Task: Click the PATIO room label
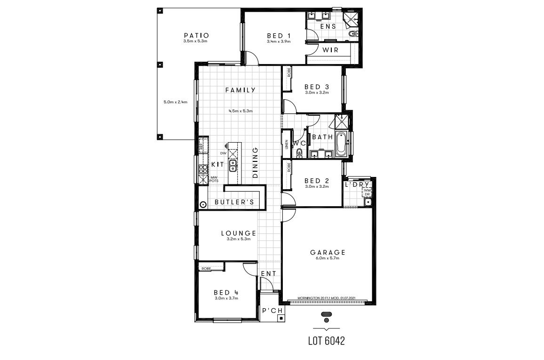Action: click(196, 35)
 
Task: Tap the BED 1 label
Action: click(279, 36)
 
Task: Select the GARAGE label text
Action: click(328, 252)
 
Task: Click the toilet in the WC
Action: click(299, 152)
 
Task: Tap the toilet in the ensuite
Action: click(352, 34)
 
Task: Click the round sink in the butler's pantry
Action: click(203, 205)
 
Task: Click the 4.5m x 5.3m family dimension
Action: click(240, 111)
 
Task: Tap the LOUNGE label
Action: click(239, 233)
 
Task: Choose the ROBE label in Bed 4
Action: click(206, 268)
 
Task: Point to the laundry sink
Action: click(368, 202)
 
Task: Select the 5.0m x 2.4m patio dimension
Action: click(175, 102)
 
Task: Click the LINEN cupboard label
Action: click(286, 145)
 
